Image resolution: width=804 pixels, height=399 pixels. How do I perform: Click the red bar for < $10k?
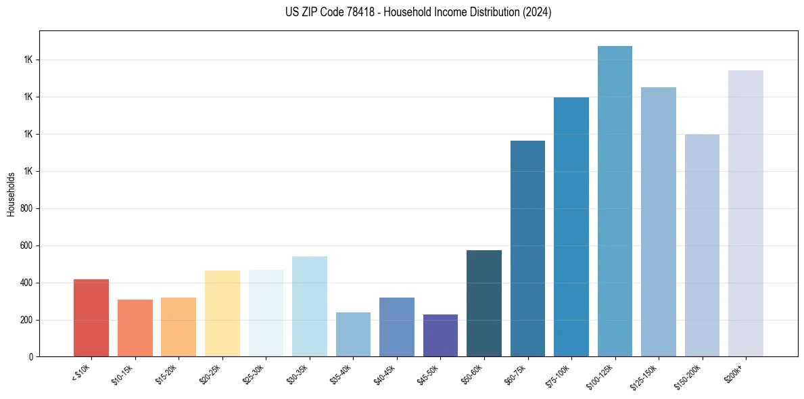point(91,318)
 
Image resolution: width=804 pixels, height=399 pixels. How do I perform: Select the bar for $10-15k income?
point(135,328)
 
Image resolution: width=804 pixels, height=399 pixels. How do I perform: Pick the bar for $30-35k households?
point(310,306)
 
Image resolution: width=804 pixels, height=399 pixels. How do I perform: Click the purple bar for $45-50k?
point(440,335)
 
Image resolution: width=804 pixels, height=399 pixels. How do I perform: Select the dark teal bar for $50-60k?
point(484,304)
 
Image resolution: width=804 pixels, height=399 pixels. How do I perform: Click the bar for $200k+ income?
point(746,214)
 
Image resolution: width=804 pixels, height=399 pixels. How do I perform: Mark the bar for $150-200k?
point(702,245)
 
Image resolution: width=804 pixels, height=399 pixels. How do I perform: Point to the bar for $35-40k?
point(353,334)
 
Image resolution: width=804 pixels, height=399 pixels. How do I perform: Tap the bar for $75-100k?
point(571,227)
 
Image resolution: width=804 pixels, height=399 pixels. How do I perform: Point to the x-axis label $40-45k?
point(385,373)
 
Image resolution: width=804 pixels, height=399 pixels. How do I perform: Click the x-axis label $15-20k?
point(166,373)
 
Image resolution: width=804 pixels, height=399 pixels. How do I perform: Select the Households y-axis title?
point(11,194)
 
